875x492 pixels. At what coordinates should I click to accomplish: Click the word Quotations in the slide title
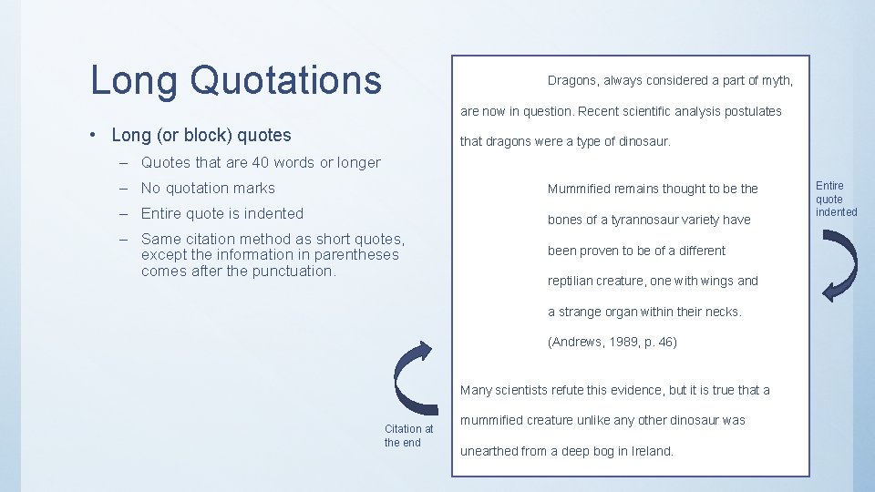[286, 80]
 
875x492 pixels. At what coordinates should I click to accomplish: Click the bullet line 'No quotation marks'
[208, 188]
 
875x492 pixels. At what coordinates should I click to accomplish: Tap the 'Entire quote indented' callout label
[836, 199]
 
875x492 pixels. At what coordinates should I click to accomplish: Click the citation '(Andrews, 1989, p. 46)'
[612, 343]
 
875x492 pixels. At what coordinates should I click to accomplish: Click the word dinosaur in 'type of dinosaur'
[642, 141]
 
